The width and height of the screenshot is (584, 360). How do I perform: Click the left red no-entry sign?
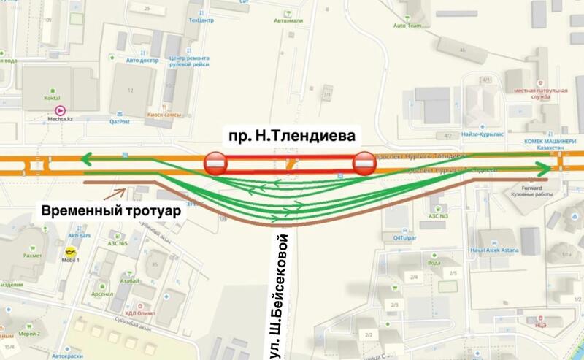216,164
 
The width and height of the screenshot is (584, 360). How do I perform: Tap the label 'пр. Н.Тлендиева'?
289,136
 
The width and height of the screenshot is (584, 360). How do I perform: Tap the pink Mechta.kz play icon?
61,110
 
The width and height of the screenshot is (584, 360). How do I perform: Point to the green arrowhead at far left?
86,156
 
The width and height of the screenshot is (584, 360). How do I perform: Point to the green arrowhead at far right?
546,169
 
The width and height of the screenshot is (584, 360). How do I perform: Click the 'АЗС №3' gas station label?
437,216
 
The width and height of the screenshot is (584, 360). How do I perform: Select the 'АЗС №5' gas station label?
118,243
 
